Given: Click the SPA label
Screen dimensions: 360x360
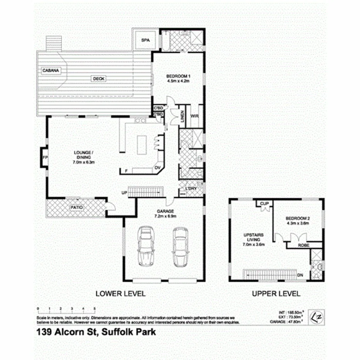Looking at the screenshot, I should (x=145, y=40).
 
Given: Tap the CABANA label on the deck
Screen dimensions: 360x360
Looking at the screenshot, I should (x=50, y=71).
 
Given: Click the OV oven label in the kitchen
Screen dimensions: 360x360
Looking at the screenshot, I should (x=158, y=168).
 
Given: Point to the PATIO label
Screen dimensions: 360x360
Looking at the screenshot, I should (x=77, y=207).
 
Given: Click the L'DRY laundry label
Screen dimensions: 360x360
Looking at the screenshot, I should (x=191, y=188).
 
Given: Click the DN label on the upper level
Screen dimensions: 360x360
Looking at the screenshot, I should (x=301, y=275).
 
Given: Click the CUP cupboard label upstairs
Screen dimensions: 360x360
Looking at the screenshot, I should (x=264, y=203).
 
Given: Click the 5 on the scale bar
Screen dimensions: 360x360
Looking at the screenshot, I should (x=95, y=308).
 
